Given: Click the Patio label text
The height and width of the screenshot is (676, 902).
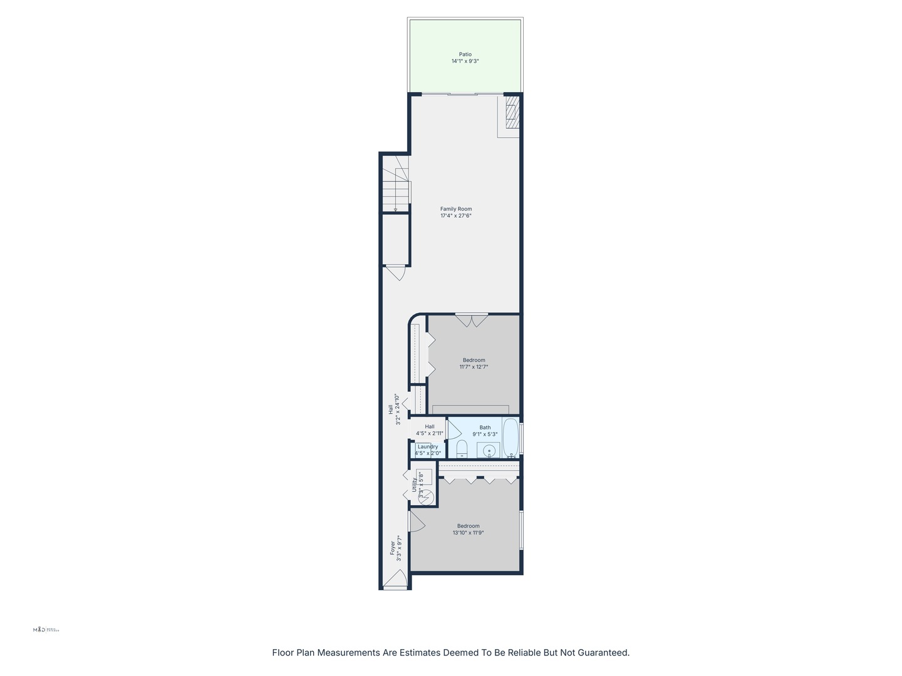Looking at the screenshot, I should [465, 54].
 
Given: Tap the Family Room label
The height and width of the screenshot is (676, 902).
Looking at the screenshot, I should [456, 209].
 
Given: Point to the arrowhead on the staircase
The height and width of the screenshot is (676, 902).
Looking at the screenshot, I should [395, 209].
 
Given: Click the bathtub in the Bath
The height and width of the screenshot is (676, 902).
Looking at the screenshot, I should [511, 437].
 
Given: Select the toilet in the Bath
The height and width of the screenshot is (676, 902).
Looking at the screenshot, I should [462, 448].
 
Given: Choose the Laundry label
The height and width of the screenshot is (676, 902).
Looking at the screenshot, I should [428, 447].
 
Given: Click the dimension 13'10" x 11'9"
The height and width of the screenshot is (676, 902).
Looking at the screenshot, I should [469, 533].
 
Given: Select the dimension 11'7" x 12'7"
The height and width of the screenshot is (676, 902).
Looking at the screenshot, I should [474, 367].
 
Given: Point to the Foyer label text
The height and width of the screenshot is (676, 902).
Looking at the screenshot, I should [393, 548].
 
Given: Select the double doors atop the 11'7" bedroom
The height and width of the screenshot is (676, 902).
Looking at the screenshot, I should [472, 320].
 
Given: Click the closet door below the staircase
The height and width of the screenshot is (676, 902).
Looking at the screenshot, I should [396, 272].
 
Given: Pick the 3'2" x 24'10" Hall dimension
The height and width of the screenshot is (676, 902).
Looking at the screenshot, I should [397, 409].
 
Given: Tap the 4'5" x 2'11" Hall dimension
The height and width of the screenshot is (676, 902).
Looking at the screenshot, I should [430, 433].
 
